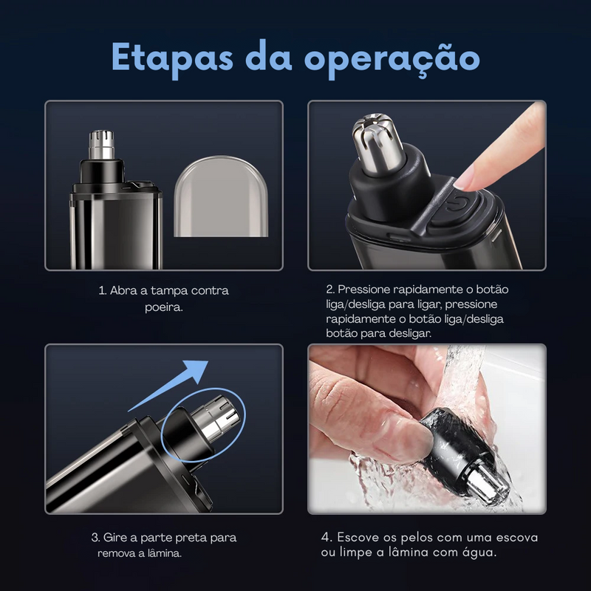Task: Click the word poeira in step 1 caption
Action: [x=163, y=307]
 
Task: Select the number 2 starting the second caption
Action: [x=329, y=290]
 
